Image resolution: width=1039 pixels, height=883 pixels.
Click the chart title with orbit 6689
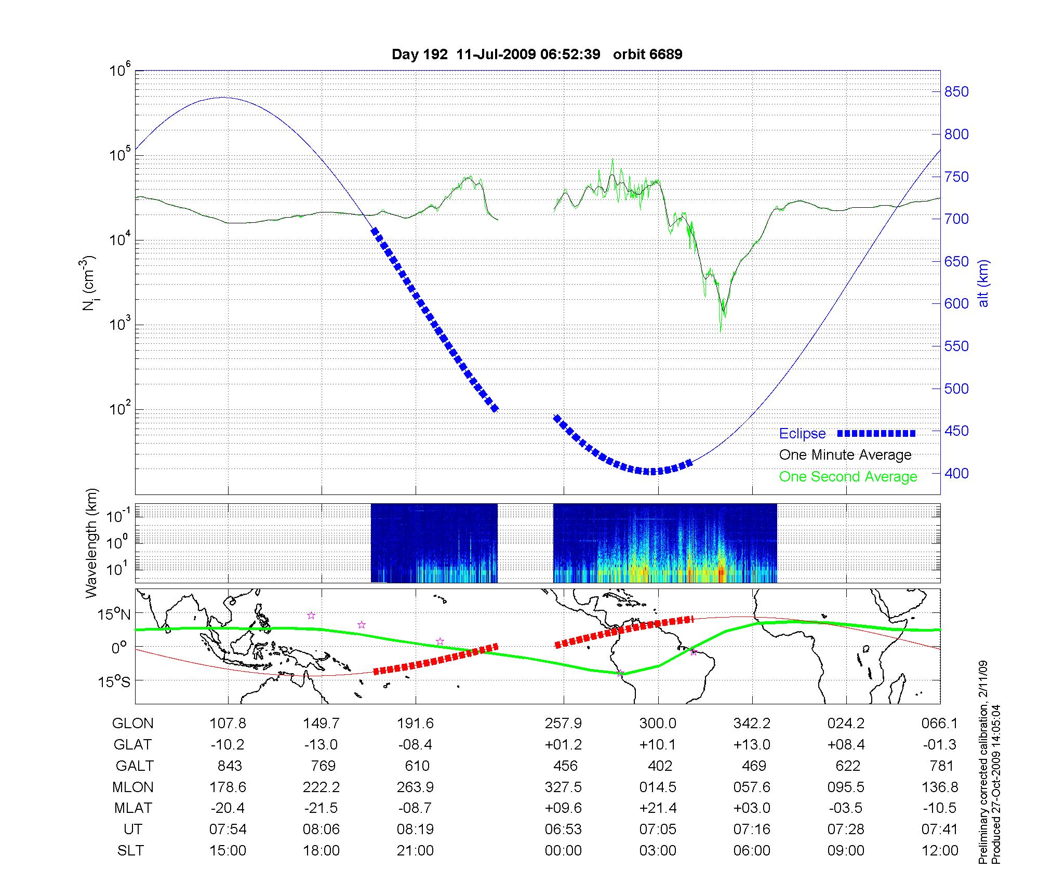point(537,55)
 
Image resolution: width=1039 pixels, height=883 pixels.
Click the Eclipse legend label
point(802,434)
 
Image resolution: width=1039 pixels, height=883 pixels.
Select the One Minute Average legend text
point(845,455)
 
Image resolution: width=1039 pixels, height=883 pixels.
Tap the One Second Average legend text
point(848,477)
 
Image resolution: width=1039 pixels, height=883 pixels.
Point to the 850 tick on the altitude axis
point(956,92)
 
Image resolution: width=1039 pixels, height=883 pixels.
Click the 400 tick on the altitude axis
point(956,473)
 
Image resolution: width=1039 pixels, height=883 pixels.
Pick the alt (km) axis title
point(983,283)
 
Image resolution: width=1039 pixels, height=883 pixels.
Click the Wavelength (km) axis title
point(92,543)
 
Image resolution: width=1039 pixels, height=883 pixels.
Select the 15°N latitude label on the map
point(114,615)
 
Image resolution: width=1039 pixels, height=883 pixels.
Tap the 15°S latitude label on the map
point(114,681)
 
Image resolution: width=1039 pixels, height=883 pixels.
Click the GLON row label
point(133,724)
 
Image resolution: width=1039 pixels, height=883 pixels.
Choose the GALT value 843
point(229,766)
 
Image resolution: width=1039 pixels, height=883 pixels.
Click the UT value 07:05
point(658,830)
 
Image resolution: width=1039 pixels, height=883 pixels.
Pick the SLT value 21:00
point(415,851)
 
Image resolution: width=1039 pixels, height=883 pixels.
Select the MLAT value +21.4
point(658,808)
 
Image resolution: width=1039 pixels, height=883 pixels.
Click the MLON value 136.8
point(940,787)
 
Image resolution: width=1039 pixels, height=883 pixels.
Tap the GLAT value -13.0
point(321,745)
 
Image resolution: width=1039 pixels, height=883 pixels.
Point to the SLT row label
point(130,851)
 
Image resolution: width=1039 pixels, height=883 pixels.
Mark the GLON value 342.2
point(752,724)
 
